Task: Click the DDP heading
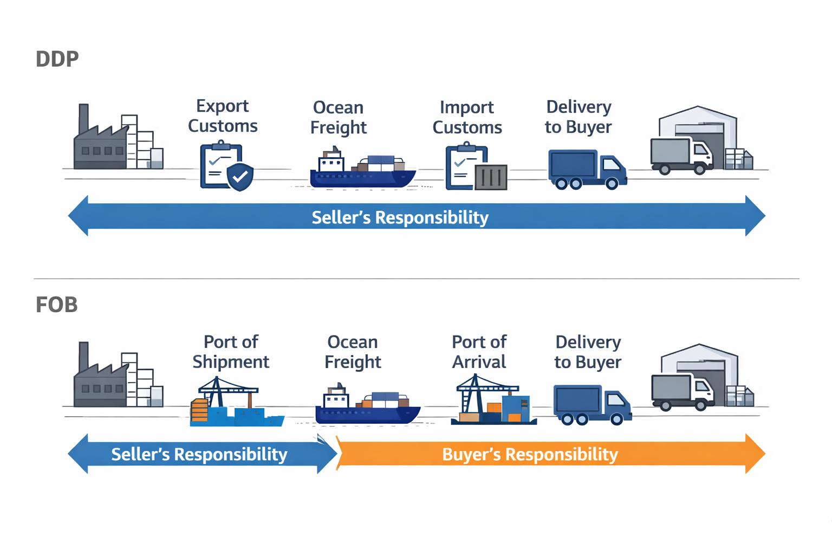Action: coord(57,59)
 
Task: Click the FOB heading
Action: coord(56,305)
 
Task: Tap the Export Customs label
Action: coord(222,115)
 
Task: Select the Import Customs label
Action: coord(467,117)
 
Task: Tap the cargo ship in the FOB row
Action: coord(367,406)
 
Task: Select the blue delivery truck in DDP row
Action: coord(587,169)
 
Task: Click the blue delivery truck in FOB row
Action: coord(592,404)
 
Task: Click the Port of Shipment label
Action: coord(231,352)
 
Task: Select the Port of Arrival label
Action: coord(479,352)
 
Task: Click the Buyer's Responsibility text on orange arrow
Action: coord(530,454)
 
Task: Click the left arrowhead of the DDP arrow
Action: coord(79,216)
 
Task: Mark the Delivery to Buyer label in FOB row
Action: coord(588,352)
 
